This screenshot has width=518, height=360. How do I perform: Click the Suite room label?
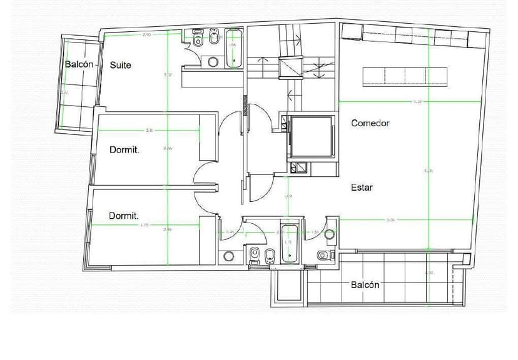(121, 65)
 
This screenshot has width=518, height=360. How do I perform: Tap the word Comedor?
(370, 123)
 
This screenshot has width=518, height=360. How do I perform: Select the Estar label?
(362, 187)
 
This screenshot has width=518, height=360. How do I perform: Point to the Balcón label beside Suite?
(79, 65)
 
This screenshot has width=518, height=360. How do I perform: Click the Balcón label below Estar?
(365, 284)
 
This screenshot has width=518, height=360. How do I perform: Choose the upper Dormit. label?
(124, 150)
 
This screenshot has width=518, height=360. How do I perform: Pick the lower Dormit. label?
(124, 216)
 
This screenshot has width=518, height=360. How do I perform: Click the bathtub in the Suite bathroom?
(234, 48)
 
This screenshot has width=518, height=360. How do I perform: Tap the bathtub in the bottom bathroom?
(288, 242)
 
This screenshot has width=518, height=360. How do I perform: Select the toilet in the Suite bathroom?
(198, 42)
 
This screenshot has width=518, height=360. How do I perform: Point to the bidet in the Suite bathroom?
(214, 41)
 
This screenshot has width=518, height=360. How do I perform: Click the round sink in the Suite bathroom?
(213, 62)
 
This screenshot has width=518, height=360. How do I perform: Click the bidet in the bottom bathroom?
(270, 254)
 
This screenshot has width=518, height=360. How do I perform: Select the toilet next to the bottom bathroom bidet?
(255, 255)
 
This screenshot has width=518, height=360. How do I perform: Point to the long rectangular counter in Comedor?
(405, 75)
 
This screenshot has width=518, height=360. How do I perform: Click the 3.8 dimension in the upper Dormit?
(150, 130)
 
